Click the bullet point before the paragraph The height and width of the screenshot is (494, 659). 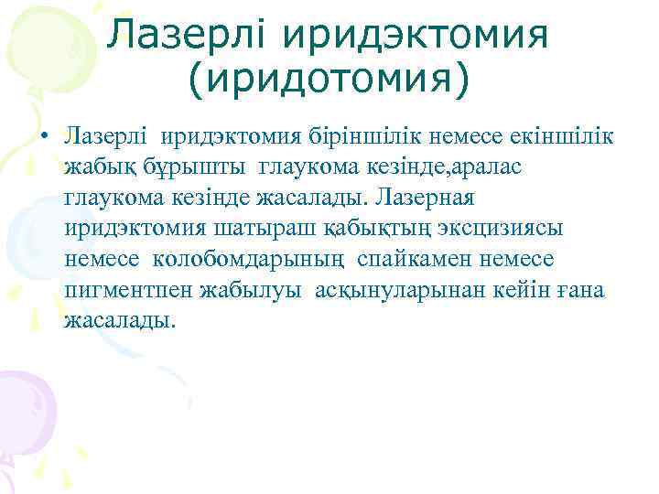click(43, 138)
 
